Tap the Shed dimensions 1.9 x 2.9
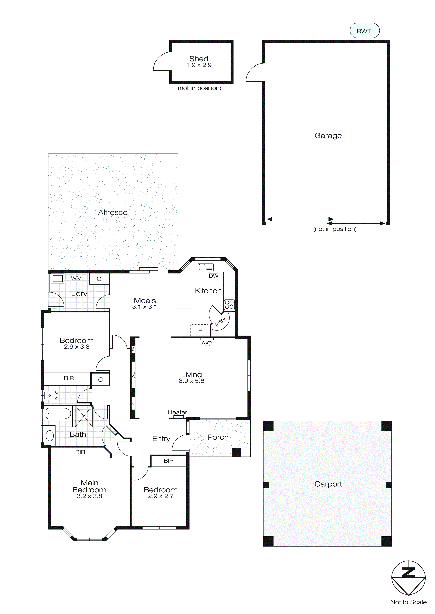(199, 65)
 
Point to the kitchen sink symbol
(205, 267)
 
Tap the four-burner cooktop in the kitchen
(229, 305)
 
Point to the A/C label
(206, 344)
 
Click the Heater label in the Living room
(177, 412)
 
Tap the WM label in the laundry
(76, 278)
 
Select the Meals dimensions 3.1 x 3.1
(144, 307)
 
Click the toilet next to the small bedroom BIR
(51, 395)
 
